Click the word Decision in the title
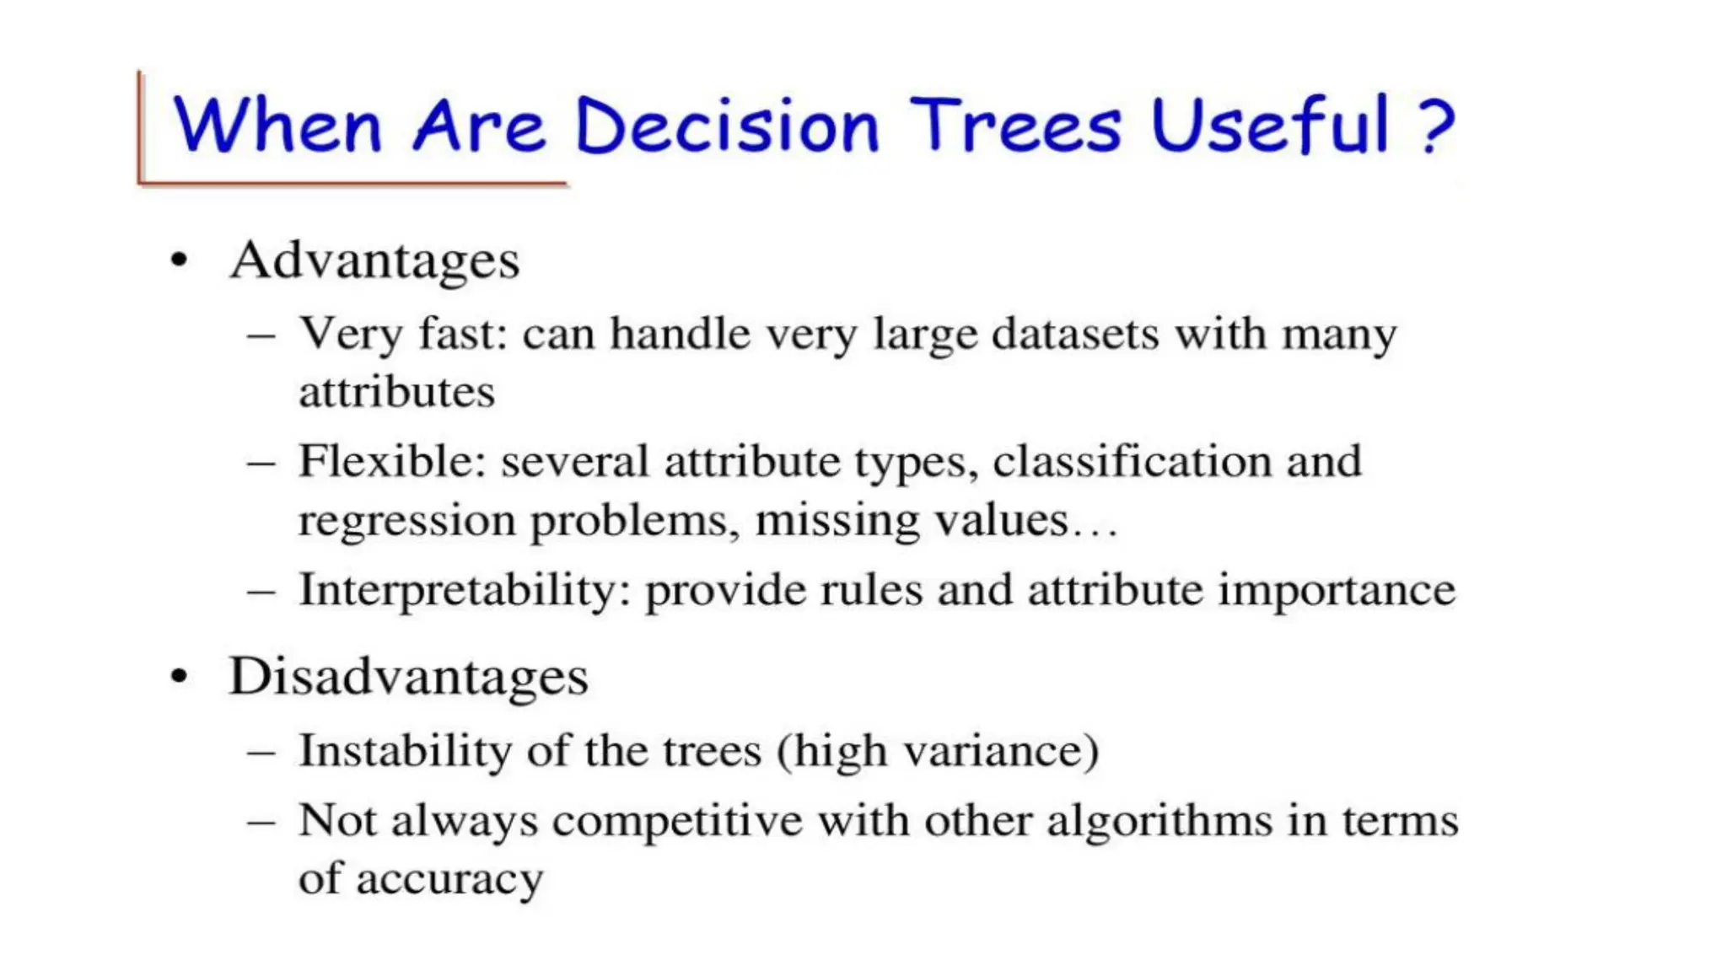(727, 126)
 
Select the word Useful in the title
(1270, 126)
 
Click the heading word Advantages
(374, 260)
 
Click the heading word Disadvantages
(408, 677)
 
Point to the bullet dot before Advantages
(178, 261)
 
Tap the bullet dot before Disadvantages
(178, 677)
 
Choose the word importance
(1337, 590)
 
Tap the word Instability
(405, 750)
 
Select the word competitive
(677, 821)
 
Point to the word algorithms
(1159, 821)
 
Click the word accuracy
(449, 879)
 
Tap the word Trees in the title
(1016, 126)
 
